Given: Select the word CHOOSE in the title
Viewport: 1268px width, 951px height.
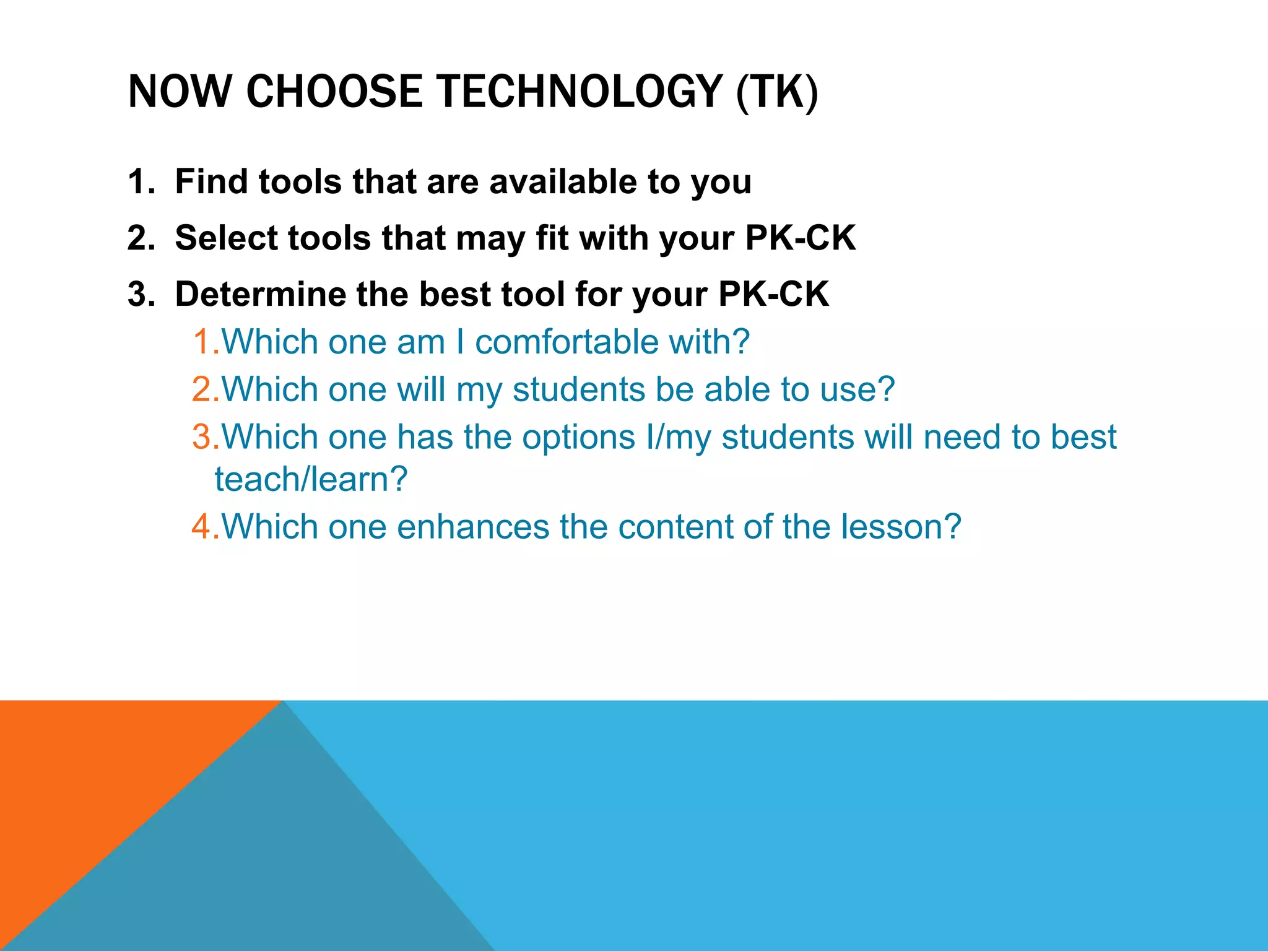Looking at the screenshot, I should point(334,92).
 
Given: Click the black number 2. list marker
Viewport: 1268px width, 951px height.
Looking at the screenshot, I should point(141,238).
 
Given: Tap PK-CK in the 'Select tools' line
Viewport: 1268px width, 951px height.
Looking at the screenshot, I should point(801,238).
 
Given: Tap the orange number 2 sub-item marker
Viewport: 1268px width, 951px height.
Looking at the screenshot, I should point(204,389).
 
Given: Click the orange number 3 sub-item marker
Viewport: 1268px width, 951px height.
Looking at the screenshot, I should point(204,437).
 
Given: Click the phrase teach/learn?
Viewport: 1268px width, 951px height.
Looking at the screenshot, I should point(311,479).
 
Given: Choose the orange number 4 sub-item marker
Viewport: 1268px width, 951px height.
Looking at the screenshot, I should point(204,527).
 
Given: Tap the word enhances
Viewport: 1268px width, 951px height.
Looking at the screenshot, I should point(472,527).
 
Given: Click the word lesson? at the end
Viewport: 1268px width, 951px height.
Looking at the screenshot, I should point(901,527).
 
